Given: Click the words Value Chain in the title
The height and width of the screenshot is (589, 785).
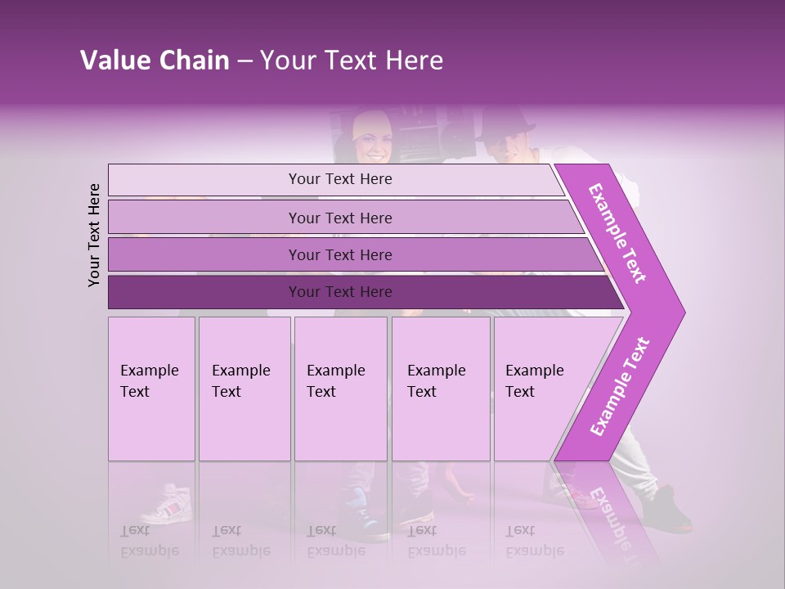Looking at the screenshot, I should (x=155, y=61).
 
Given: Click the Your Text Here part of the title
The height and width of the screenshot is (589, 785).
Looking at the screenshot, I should (x=352, y=61).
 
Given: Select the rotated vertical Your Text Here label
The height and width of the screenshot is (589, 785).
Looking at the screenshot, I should (x=94, y=235).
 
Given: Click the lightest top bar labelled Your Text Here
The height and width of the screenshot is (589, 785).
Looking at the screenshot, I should (x=339, y=179).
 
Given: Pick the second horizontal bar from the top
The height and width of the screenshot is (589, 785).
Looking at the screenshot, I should (x=339, y=218).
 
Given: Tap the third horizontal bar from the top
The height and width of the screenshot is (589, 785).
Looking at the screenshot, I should (x=339, y=254).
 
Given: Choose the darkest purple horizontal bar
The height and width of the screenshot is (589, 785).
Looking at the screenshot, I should (x=339, y=292).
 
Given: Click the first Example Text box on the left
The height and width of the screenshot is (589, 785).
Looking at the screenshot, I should (x=151, y=389).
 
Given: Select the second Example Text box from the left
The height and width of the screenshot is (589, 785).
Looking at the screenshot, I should (x=244, y=389).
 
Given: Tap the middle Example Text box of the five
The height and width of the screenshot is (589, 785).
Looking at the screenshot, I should (x=340, y=389).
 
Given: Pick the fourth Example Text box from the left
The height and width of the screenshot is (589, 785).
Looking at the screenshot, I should (x=440, y=389).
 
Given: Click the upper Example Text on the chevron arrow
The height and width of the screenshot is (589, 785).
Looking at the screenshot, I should (x=617, y=232).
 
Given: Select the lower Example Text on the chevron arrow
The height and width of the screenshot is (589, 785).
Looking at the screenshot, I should (x=619, y=387).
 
